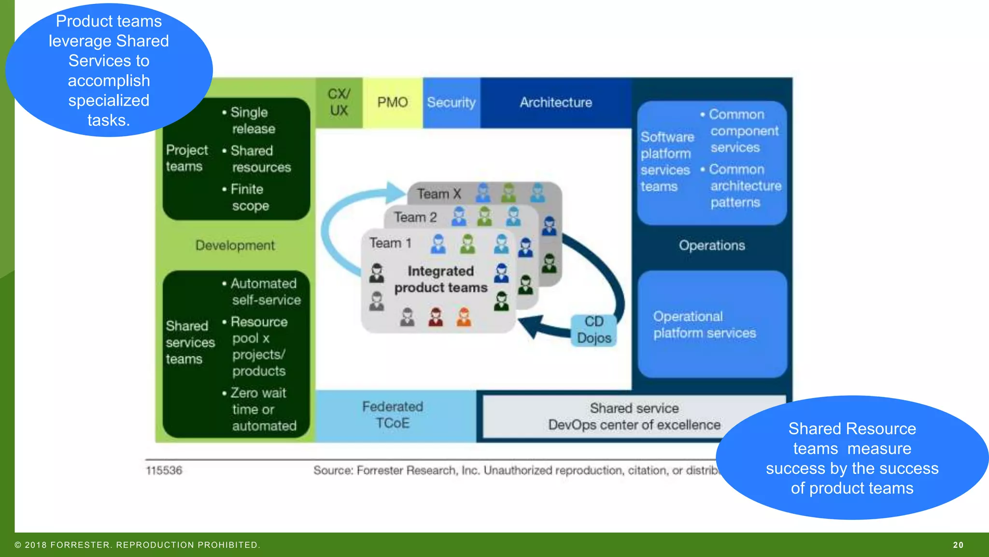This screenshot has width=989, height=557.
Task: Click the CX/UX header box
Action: click(x=339, y=103)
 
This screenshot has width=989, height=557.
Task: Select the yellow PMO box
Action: click(x=393, y=103)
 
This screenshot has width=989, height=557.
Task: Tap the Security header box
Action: click(x=452, y=103)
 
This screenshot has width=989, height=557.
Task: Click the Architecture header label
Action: click(x=556, y=103)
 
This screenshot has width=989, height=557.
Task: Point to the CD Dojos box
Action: click(x=594, y=330)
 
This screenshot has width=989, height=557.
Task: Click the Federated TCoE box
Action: click(x=393, y=415)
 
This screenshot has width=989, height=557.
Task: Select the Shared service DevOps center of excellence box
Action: click(x=634, y=417)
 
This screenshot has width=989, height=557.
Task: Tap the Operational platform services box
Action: click(x=711, y=324)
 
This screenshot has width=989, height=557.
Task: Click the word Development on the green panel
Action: click(x=235, y=246)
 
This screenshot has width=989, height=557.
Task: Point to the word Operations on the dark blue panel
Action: click(x=712, y=246)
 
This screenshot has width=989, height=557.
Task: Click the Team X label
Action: click(x=438, y=194)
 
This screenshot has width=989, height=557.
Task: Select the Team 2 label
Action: click(x=415, y=218)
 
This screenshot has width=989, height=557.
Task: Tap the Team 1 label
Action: click(x=390, y=243)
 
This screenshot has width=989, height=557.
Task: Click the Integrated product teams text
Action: click(x=440, y=279)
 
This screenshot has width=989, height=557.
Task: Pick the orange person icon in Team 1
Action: click(x=464, y=317)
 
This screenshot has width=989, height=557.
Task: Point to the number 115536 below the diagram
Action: click(x=164, y=470)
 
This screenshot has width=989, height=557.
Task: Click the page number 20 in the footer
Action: click(x=958, y=545)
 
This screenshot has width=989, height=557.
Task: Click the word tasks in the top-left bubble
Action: click(x=108, y=120)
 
